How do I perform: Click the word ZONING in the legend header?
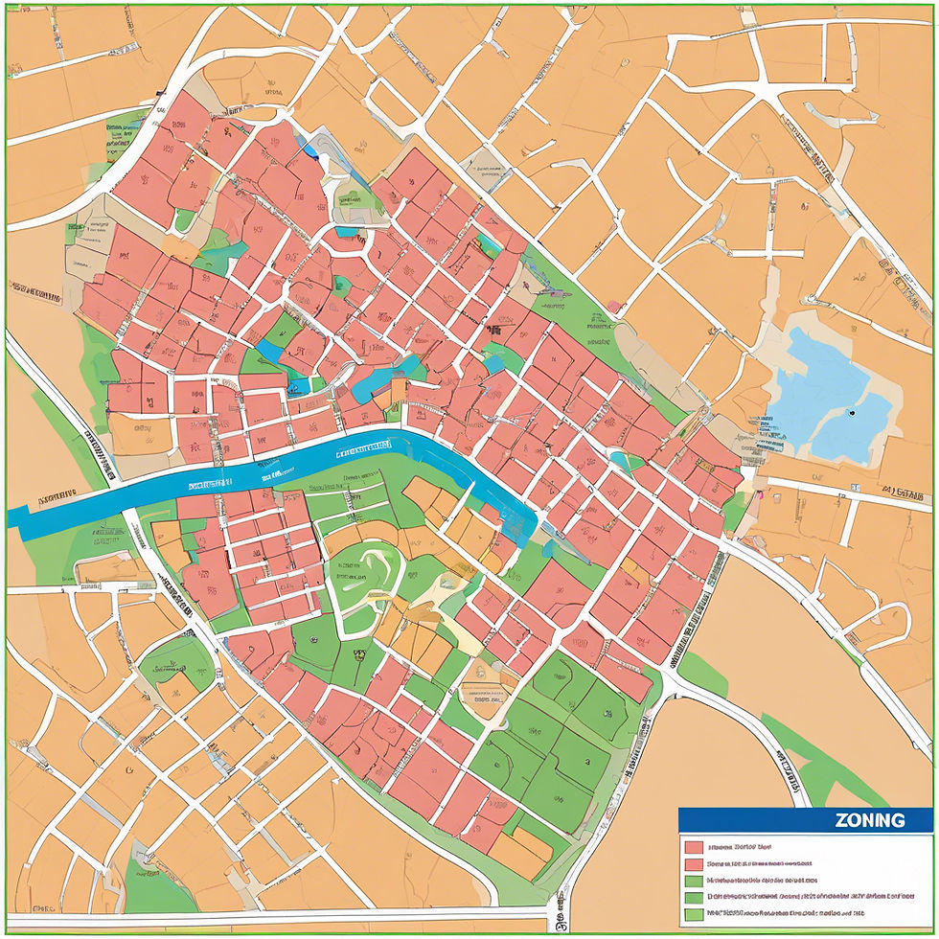[x=869, y=820]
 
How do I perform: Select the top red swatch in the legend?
[x=694, y=847]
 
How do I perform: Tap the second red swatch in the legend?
[x=694, y=864]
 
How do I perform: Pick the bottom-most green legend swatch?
[x=694, y=915]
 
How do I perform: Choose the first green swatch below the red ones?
[x=694, y=881]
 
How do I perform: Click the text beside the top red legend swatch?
[x=739, y=847]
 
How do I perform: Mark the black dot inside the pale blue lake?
[x=851, y=413]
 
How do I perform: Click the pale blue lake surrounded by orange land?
[x=824, y=393]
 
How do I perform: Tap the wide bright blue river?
[x=287, y=469]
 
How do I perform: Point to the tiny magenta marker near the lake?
[x=759, y=496]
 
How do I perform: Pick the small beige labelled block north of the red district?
[x=488, y=167]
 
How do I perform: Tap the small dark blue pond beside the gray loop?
[x=310, y=149]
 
